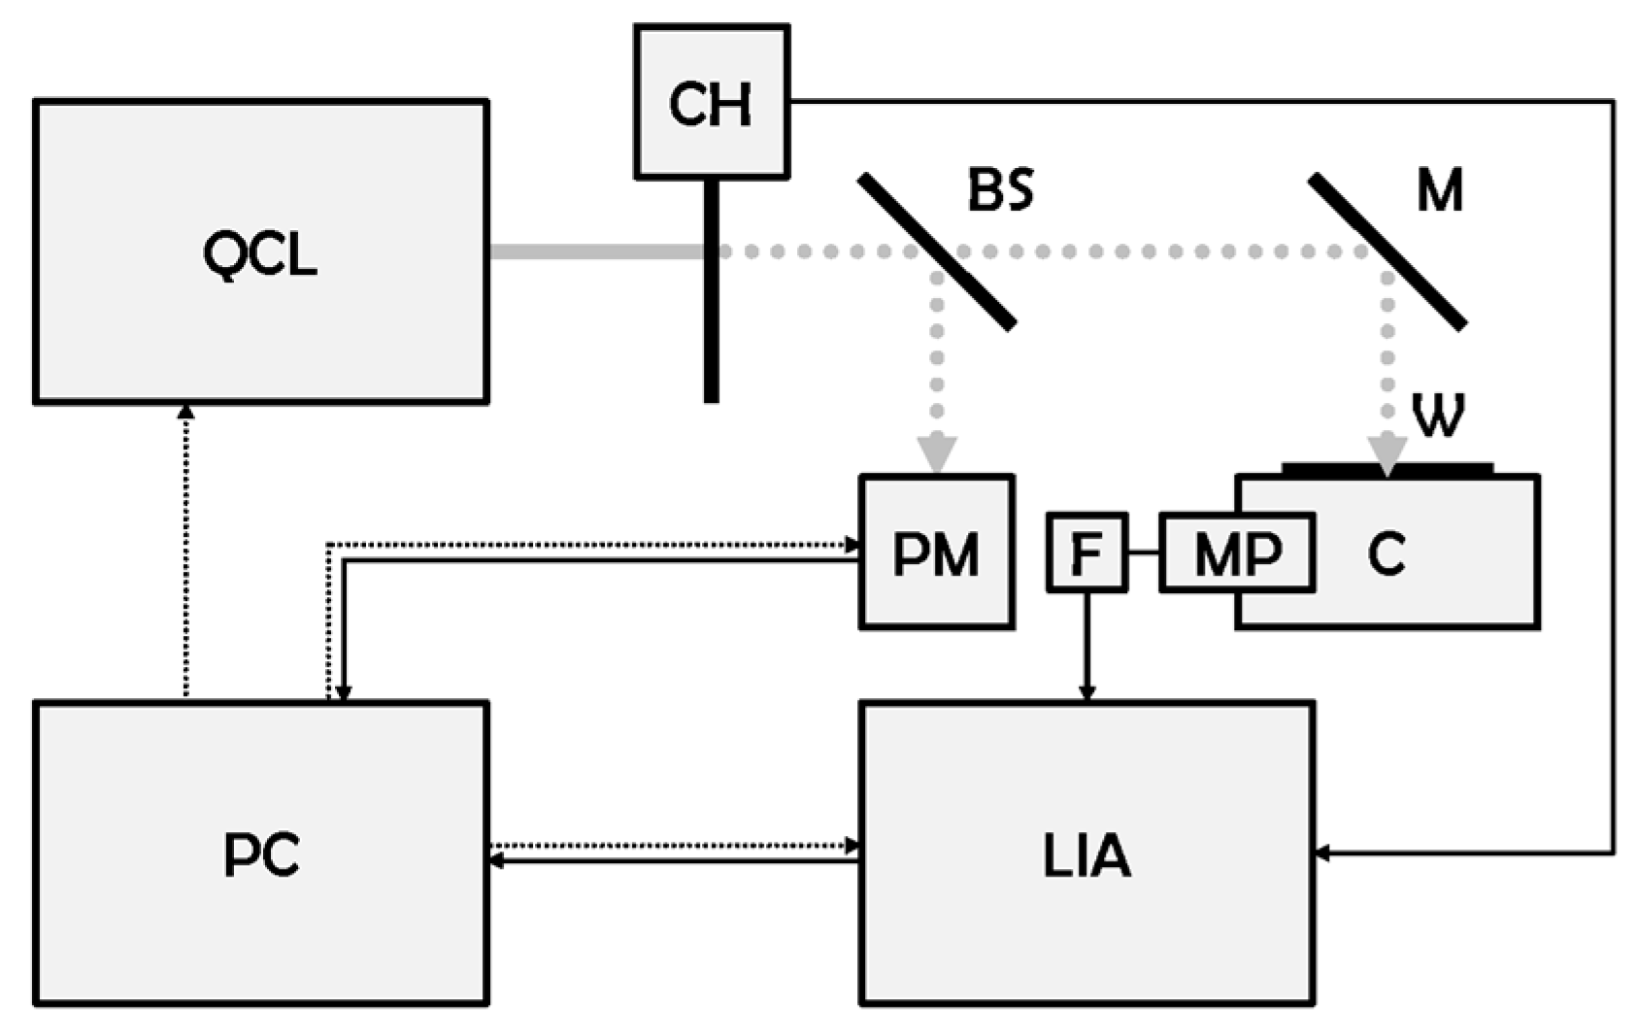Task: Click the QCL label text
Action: coord(259,254)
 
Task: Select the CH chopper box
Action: coord(711,102)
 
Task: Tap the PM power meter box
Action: coord(936,552)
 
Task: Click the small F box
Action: coord(1086,552)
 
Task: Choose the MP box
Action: coord(1237,552)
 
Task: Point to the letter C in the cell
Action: coord(1386,554)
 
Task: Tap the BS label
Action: coord(1000,190)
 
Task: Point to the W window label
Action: coord(1438,416)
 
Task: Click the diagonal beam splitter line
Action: coord(937,251)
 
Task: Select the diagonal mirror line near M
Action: coord(1387,251)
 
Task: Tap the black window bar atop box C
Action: coord(1386,469)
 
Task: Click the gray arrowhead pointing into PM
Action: coord(937,453)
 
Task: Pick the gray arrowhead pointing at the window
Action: coord(1387,453)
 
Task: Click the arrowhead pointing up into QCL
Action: coord(186,412)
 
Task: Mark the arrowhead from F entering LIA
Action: coord(1086,692)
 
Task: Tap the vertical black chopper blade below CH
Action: coord(712,330)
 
